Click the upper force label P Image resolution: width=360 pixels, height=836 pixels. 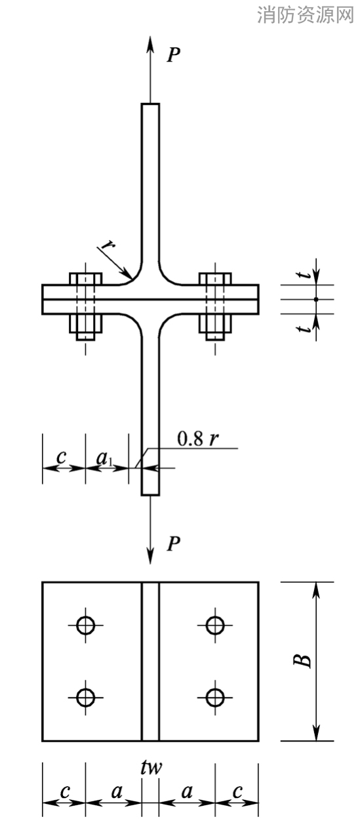[174, 54]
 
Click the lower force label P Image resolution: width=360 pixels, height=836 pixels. [174, 544]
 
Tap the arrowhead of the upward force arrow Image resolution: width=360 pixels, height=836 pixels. [150, 45]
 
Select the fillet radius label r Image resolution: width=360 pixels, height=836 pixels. [108, 245]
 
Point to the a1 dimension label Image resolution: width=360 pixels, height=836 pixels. [104, 458]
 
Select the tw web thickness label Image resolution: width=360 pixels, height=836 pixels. [151, 768]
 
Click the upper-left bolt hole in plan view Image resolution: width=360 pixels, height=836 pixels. [85, 625]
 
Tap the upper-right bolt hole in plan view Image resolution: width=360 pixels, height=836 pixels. [215, 625]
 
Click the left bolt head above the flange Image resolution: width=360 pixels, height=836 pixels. [86, 279]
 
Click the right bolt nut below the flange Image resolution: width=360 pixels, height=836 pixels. [215, 323]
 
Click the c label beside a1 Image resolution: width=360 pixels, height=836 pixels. [62, 456]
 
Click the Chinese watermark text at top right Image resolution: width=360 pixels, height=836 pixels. [305, 14]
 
